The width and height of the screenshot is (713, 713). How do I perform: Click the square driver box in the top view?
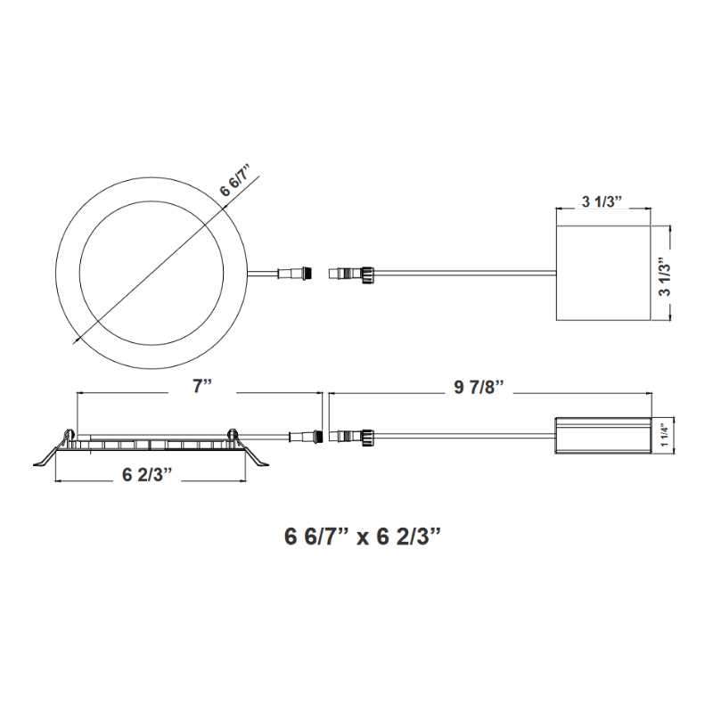coord(602,274)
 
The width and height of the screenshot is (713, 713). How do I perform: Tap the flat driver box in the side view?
coord(602,436)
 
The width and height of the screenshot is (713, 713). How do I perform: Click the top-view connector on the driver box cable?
coord(353,273)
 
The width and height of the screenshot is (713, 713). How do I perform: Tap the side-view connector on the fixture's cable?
coord(304,436)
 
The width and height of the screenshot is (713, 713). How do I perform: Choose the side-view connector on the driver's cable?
coord(353,436)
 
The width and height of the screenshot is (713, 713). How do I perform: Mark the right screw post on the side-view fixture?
coord(233,434)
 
